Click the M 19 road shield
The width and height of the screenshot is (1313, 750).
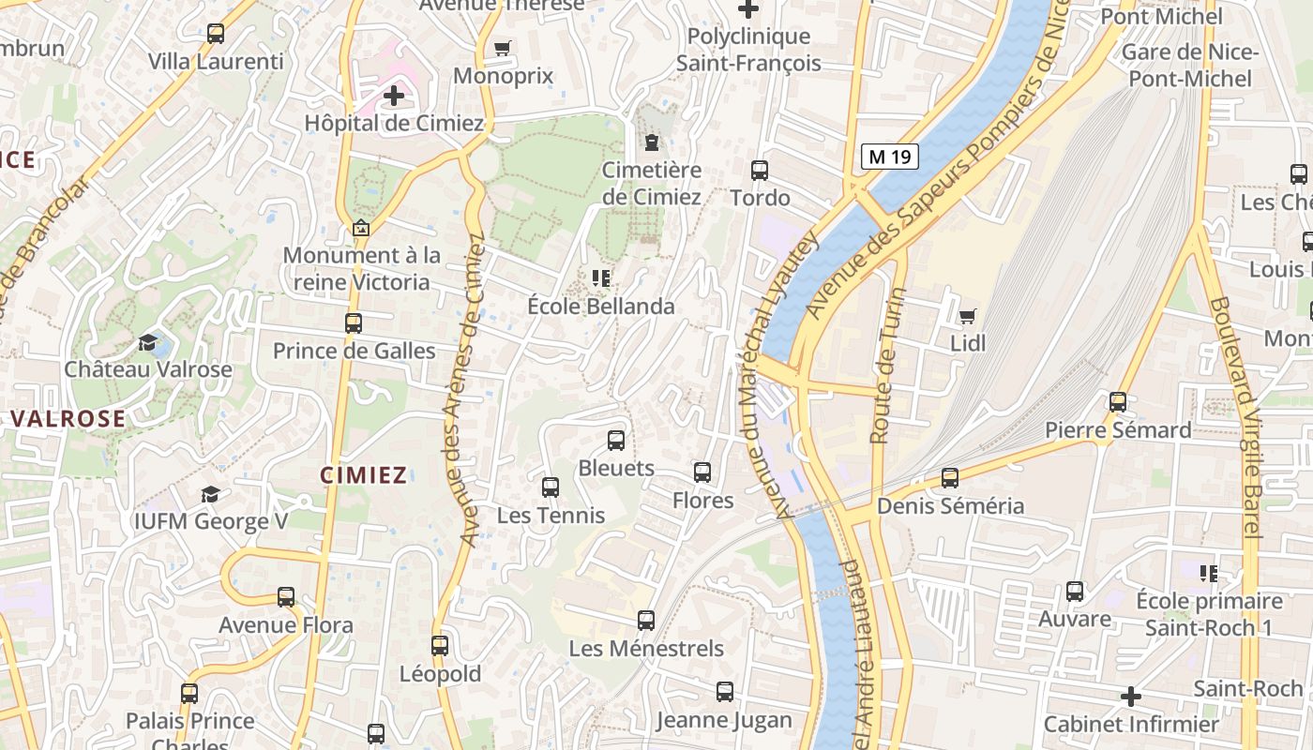[x=889, y=157]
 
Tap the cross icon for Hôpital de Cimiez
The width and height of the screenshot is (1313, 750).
[x=394, y=95]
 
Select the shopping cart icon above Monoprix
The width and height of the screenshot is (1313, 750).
[x=503, y=48]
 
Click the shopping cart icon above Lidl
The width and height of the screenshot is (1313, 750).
[x=967, y=316]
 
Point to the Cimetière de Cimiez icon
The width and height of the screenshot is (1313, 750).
[x=652, y=142]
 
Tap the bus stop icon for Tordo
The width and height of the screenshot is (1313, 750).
[x=760, y=171]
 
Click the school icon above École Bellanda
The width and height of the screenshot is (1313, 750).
[x=601, y=278]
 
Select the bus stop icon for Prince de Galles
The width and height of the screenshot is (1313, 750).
[x=354, y=323]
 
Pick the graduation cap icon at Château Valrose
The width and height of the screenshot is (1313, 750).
[x=148, y=342]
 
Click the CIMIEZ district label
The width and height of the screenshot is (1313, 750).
[x=364, y=475]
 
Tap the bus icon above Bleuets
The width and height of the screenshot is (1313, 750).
[x=616, y=441]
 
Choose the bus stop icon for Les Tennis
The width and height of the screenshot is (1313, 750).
[x=551, y=487]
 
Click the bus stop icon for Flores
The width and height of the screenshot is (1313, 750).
[x=702, y=472]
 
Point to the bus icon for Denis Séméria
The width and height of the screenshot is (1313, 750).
[x=950, y=478]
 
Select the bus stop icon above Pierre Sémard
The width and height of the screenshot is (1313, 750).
[x=1117, y=402]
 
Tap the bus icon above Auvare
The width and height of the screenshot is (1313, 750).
[x=1075, y=592]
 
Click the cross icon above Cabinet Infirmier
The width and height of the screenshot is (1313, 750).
[x=1131, y=697]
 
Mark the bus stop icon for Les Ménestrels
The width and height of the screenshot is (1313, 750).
[x=646, y=621]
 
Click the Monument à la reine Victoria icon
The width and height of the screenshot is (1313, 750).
[x=360, y=228]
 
